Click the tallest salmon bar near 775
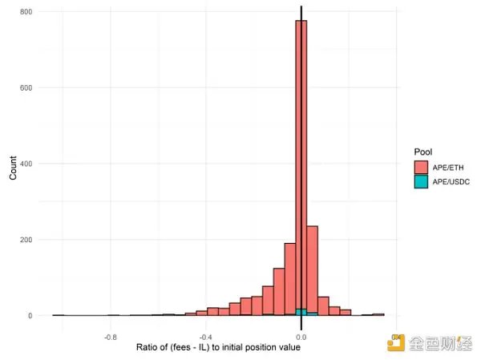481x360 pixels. pyautogui.click(x=301, y=160)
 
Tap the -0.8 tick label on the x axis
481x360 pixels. pyautogui.click(x=111, y=338)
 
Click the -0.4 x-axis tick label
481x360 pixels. pyautogui.click(x=206, y=338)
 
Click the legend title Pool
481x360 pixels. pyautogui.click(x=422, y=152)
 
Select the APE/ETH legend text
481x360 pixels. pyautogui.click(x=449, y=167)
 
